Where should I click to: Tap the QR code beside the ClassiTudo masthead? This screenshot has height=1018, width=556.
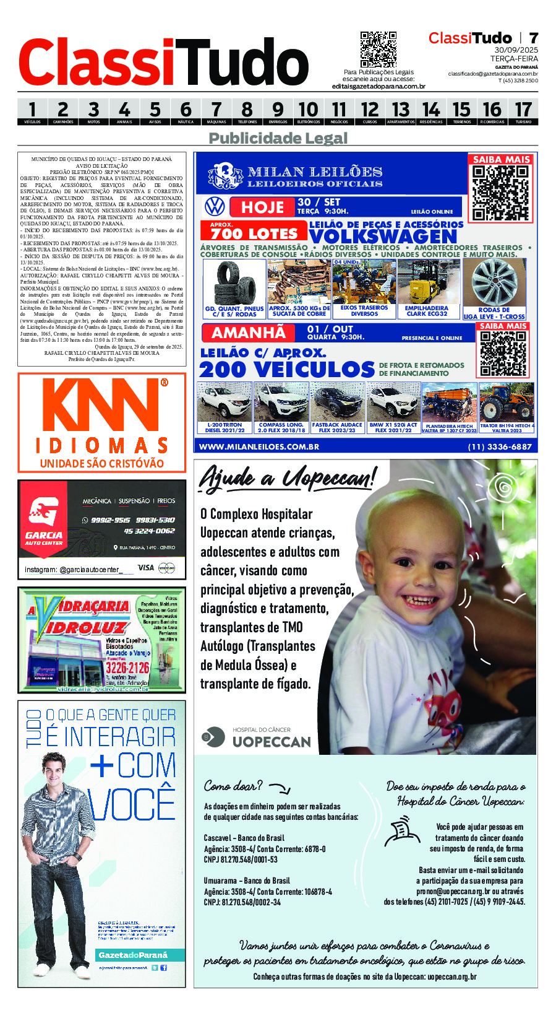pyautogui.click(x=378, y=50)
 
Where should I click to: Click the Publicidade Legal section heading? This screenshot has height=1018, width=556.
pyautogui.click(x=278, y=138)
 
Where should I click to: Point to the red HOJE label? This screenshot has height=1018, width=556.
pyautogui.click(x=262, y=207)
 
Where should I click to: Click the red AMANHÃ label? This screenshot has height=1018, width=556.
pyautogui.click(x=249, y=333)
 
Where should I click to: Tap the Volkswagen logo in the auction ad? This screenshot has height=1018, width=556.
pyautogui.click(x=215, y=206)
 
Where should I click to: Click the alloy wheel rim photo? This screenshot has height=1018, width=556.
pyautogui.click(x=494, y=282)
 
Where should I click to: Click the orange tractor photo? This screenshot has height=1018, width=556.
pyautogui.click(x=507, y=402)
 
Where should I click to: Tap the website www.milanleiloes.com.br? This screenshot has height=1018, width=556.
pyautogui.click(x=259, y=446)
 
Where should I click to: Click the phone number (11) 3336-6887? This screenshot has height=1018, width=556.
pyautogui.click(x=500, y=446)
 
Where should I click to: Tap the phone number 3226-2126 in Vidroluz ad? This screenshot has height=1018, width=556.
pyautogui.click(x=127, y=668)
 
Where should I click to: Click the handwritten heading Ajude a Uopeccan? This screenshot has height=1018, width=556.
pyautogui.click(x=287, y=479)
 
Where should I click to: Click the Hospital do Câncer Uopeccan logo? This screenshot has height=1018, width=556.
pyautogui.click(x=257, y=737)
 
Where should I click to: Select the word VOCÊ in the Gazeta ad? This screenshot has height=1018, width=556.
pyautogui.click(x=132, y=803)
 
